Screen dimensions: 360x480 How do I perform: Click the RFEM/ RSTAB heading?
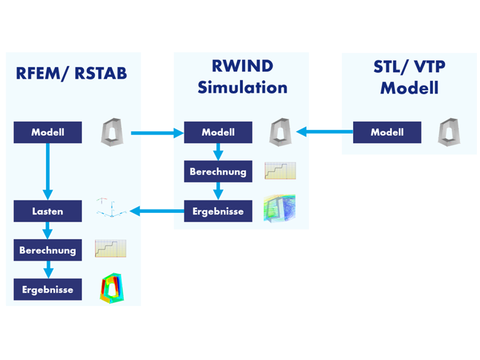71,73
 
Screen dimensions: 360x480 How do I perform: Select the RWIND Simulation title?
242,77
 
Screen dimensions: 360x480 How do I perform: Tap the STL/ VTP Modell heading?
409,77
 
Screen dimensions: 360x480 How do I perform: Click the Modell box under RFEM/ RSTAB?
48,133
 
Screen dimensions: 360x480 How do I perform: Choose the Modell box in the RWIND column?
218,133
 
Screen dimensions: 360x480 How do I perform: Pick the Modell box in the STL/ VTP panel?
387,133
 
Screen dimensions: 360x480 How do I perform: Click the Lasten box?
48,211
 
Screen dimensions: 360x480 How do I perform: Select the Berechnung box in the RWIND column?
218,171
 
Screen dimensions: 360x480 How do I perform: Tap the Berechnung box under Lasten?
48,250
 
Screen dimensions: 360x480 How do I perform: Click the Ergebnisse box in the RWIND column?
218,211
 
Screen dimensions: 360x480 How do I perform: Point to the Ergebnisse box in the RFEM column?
48,290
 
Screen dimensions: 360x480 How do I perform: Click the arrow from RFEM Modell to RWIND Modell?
157,133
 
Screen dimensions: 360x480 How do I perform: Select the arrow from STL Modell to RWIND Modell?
325,133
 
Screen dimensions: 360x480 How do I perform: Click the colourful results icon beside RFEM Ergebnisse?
111,289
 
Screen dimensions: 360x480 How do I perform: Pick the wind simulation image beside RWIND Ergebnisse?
279,209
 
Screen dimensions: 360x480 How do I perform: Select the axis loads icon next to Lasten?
111,208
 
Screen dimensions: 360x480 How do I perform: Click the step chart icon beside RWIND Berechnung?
280,171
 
